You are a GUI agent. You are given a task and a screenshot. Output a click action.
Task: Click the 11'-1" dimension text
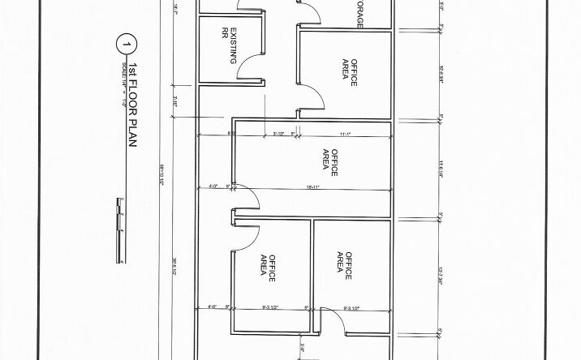point(344,134)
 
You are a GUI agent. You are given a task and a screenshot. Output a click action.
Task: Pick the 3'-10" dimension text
point(278,134)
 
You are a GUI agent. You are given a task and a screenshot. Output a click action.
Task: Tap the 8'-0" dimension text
point(231,134)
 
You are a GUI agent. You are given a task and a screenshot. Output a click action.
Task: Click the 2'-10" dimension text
point(175,102)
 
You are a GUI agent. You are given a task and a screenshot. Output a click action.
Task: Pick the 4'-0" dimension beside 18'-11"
point(213,187)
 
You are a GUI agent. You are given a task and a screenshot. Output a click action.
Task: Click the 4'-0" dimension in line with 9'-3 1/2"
point(213,307)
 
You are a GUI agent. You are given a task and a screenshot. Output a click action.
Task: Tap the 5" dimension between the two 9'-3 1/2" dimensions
point(308,307)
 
